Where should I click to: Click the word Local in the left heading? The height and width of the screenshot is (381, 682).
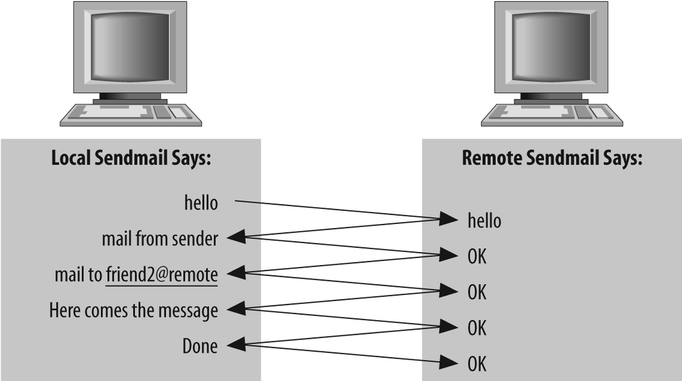[72, 158]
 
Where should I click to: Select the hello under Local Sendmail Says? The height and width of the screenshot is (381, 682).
[201, 203]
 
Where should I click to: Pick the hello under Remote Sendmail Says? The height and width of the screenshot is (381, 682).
[484, 221]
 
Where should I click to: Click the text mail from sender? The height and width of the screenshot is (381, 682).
[160, 239]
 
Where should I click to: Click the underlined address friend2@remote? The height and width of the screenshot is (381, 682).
[162, 274]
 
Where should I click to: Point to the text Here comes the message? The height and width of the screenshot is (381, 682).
[134, 311]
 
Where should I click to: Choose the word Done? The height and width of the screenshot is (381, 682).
[200, 346]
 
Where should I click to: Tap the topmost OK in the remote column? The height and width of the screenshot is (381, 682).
[477, 257]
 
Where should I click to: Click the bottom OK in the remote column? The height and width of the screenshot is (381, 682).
[477, 363]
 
